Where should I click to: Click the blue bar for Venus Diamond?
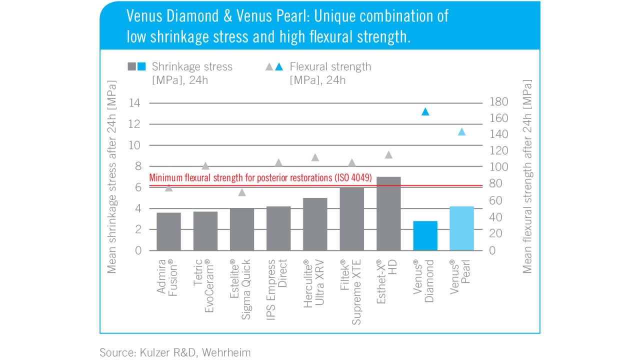[425, 235]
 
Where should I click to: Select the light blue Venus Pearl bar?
[461, 228]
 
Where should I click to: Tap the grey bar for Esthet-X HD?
[388, 213]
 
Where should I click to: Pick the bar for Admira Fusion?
[168, 231]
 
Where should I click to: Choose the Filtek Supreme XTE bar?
[352, 219]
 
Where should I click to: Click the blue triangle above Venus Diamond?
[425, 112]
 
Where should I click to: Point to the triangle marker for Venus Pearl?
[461, 132]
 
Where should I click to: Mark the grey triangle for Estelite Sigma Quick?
[242, 192]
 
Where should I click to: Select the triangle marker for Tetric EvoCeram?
[205, 166]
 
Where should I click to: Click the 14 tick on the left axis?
[135, 103]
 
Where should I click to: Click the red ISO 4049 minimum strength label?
[260, 177]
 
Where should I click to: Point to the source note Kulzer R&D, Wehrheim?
[175, 352]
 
